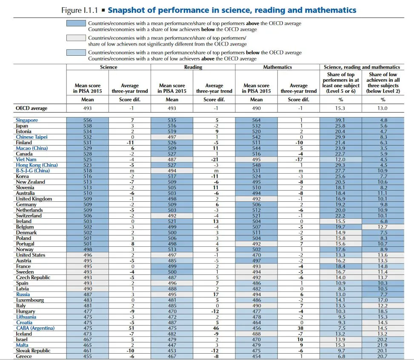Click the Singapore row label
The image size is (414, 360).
tap(26, 120)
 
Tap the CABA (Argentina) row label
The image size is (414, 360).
tap(35, 328)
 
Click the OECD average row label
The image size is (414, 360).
tap(31, 108)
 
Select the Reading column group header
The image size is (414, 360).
tap(193, 67)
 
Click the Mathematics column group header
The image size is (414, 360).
tap(277, 67)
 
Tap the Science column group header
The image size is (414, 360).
tap(108, 67)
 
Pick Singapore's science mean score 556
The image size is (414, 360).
tap(87, 120)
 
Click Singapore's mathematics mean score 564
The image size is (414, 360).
tap(256, 120)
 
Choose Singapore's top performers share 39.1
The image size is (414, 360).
tap(341, 120)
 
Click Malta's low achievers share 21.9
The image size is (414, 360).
tap(383, 345)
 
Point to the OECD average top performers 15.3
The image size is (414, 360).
tap(341, 108)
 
